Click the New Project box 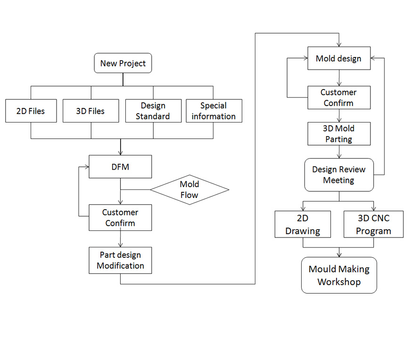tap(123, 63)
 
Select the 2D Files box tap(31, 111)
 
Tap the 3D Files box tap(90, 111)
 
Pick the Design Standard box tap(153, 111)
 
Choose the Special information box tap(214, 111)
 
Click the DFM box tap(120, 167)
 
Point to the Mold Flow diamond tap(189, 190)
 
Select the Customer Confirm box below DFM tap(120, 218)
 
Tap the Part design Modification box tap(120, 260)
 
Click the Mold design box tap(339, 58)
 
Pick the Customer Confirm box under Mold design tap(339, 98)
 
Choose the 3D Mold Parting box tap(339, 134)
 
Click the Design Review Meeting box tap(339, 175)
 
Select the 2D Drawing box tap(303, 224)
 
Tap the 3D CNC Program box tap(374, 224)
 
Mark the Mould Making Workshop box tap(339, 275)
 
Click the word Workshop tap(339, 282)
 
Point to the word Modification tap(121, 266)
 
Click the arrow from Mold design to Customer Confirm tap(339, 78)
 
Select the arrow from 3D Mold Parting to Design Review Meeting tap(339, 152)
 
